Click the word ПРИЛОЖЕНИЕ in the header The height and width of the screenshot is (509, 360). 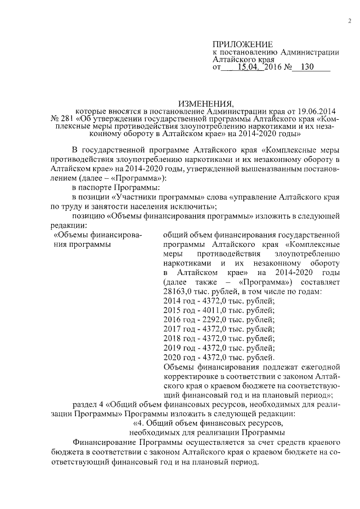[x=242, y=44]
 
